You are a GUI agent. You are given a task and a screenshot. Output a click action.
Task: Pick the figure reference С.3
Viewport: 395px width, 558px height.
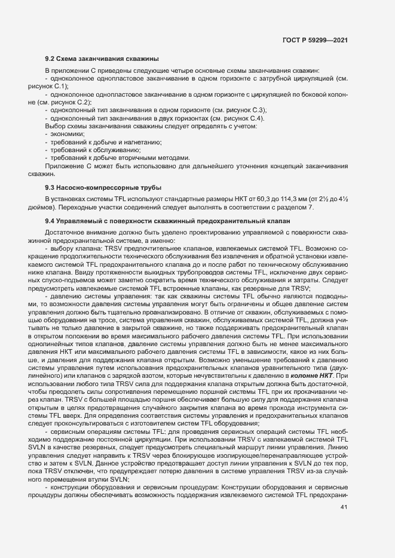point(256,110)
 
